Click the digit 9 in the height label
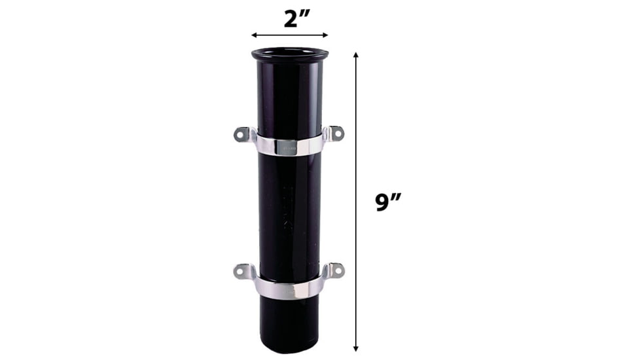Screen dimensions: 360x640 point(383,202)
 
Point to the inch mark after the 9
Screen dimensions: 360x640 point(397,196)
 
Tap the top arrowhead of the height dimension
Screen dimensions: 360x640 point(356,56)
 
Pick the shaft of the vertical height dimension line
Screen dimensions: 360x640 point(356,131)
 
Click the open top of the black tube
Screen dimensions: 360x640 point(290,53)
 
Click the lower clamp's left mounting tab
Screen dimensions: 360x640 point(242,271)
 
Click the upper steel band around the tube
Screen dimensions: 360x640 point(289,146)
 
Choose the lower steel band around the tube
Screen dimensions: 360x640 point(289,288)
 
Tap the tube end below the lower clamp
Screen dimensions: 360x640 point(289,324)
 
